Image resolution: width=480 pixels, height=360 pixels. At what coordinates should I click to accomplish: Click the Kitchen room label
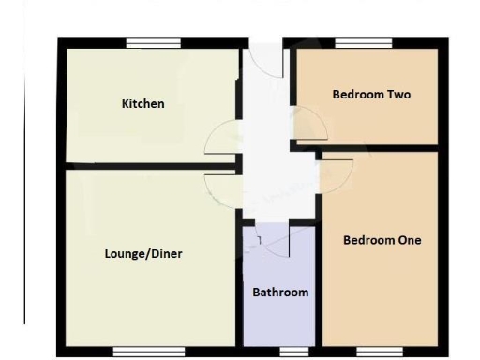143,103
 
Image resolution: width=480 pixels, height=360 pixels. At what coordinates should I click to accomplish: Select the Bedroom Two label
371,95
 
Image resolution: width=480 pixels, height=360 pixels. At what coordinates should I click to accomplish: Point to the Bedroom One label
382,240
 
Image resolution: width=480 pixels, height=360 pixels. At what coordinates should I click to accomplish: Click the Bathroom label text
280,292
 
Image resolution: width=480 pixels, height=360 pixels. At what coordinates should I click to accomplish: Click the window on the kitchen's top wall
154,43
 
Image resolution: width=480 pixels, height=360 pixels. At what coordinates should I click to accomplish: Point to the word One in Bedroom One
409,240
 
